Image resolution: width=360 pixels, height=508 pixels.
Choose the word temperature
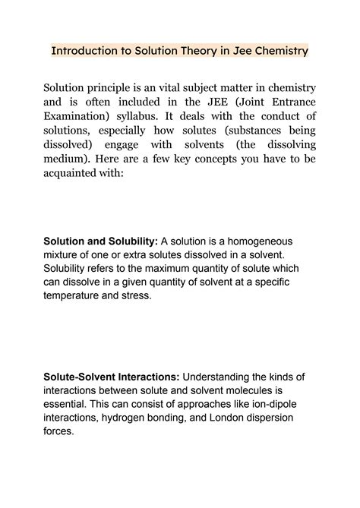(76, 296)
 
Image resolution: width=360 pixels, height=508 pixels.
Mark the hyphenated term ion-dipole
(248, 405)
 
